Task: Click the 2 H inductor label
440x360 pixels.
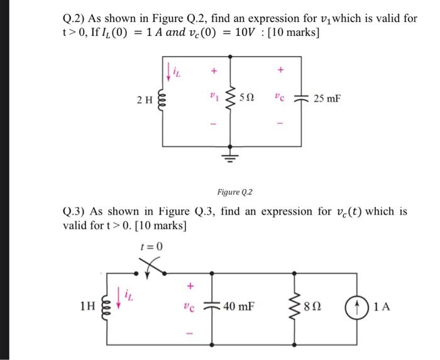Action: point(144,99)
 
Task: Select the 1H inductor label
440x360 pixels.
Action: point(89,308)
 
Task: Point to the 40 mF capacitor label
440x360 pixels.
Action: point(238,307)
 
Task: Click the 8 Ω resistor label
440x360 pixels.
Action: point(312,308)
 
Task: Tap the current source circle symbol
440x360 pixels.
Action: point(356,307)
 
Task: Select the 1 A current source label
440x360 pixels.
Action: point(381,307)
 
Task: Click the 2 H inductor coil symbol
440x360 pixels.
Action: point(163,99)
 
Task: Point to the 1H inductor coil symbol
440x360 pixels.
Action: point(107,308)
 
